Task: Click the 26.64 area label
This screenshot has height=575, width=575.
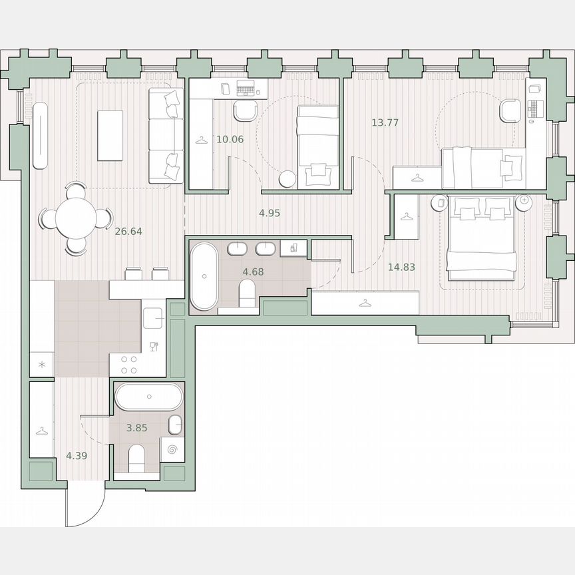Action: point(128,232)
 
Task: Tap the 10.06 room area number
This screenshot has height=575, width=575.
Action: point(230,139)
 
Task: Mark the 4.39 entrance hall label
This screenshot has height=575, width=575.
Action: point(77,456)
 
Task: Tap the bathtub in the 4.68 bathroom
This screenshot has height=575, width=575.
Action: point(204,276)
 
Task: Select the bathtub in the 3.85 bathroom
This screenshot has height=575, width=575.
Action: point(148,398)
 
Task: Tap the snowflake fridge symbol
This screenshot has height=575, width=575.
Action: point(41,364)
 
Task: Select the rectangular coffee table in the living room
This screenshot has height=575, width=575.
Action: point(110,135)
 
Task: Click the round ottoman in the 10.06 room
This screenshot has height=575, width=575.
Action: point(287,179)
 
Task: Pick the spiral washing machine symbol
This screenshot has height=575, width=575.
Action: point(172,450)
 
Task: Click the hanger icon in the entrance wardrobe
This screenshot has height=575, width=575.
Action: point(41,431)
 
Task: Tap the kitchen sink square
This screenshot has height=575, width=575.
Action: point(154,318)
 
